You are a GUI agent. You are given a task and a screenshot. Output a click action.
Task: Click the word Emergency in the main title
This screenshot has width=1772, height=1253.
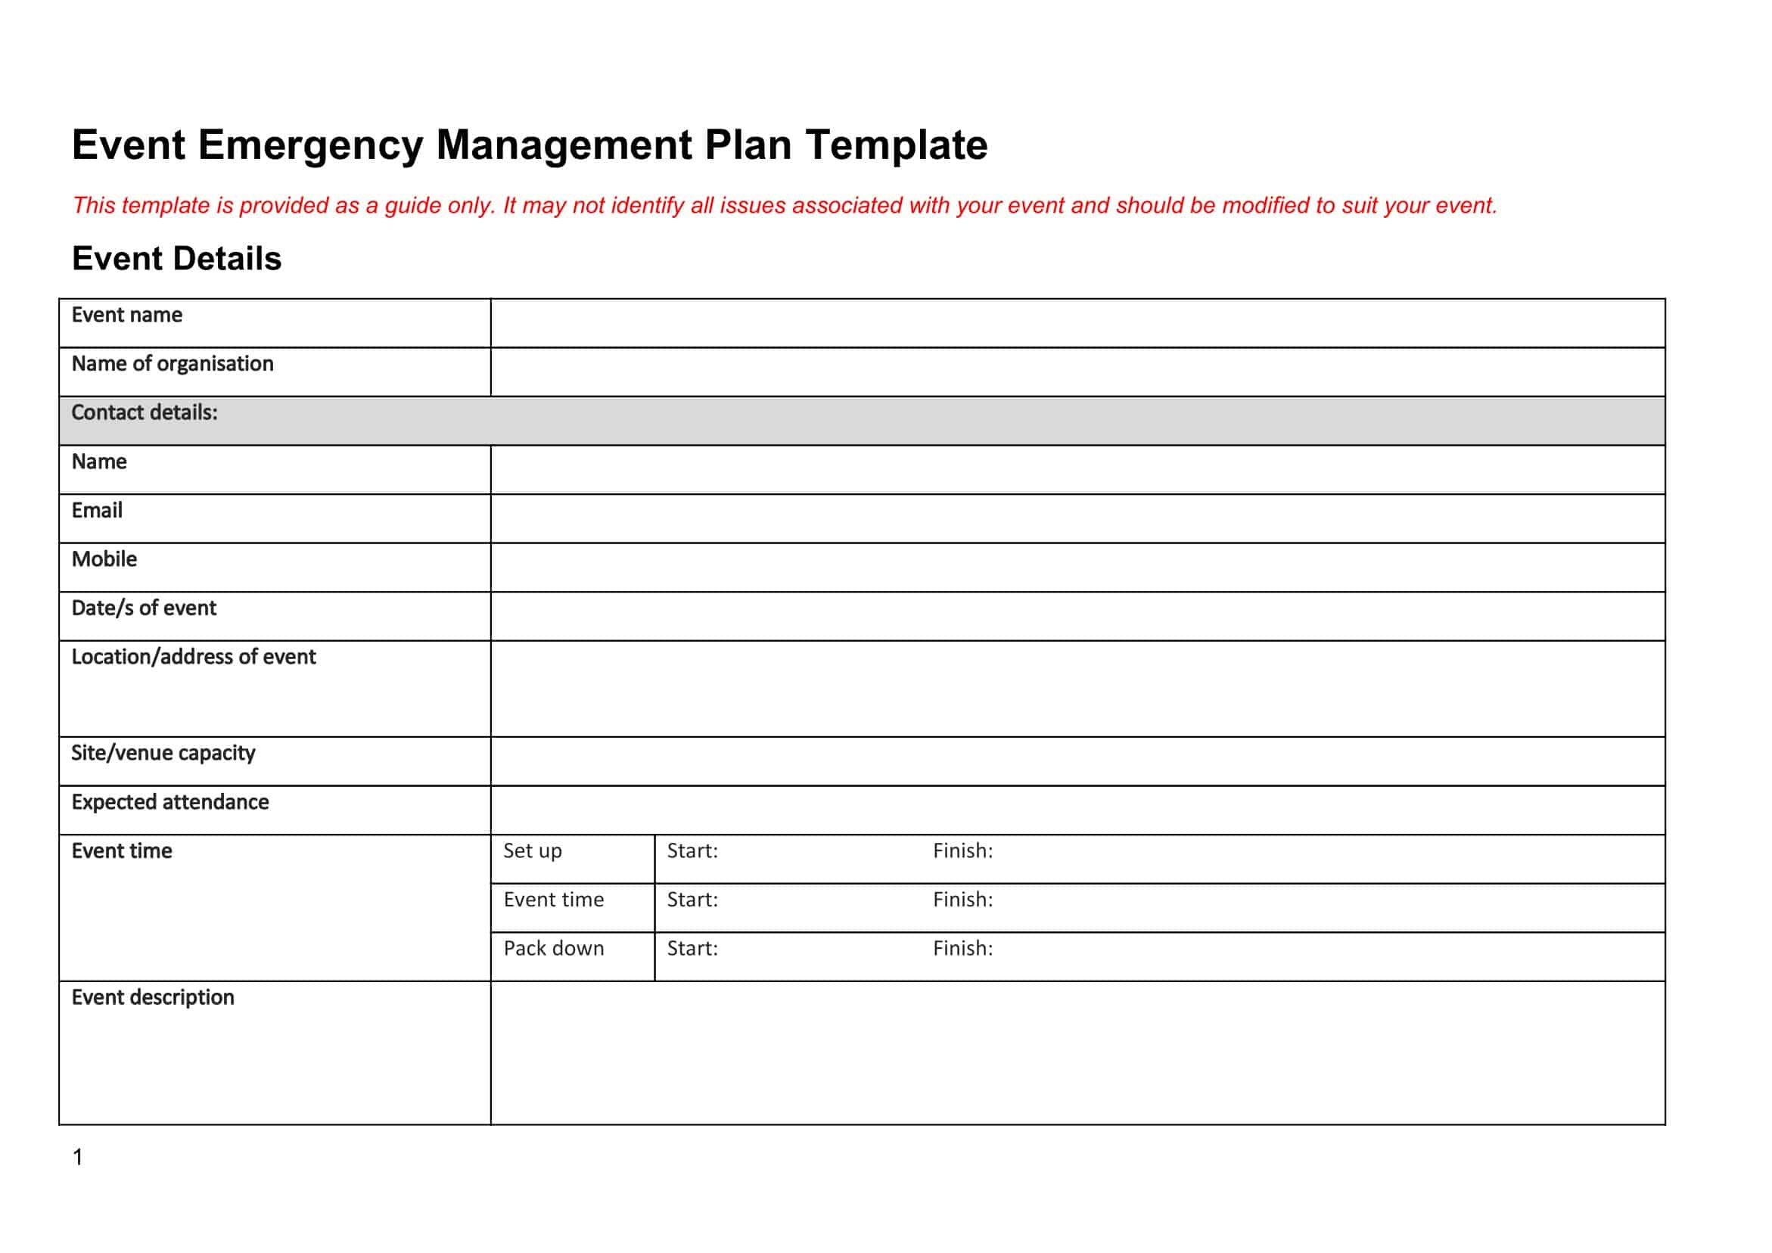tap(310, 146)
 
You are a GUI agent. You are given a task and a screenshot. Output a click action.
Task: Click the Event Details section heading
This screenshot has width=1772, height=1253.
tap(177, 259)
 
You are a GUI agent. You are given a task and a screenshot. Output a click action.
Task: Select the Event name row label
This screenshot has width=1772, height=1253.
tap(127, 315)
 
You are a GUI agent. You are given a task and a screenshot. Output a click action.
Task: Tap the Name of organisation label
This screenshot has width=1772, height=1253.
tap(172, 364)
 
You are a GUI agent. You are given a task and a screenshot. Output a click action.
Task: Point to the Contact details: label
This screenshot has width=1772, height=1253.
tap(145, 413)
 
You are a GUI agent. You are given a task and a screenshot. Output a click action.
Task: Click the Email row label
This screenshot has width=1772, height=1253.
tap(98, 510)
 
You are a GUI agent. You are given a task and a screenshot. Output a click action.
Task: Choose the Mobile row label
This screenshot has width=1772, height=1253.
tap(104, 559)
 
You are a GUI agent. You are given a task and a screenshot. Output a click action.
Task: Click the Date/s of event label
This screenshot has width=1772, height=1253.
tap(144, 608)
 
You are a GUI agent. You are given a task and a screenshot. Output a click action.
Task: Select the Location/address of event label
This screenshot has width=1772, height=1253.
tap(194, 657)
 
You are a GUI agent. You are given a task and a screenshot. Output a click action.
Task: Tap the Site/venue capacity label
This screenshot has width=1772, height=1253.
tap(163, 754)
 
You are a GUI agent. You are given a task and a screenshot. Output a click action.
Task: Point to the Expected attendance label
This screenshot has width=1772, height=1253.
tap(169, 802)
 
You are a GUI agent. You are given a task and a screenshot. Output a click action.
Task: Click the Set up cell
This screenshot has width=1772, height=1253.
tap(533, 850)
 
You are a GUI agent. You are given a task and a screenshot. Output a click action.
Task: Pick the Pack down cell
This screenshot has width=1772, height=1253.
tap(553, 949)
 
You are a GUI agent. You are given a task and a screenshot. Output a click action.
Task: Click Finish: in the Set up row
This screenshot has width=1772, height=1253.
tap(962, 850)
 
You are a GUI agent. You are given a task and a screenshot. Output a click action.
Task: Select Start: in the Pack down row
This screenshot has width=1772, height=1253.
tap(692, 949)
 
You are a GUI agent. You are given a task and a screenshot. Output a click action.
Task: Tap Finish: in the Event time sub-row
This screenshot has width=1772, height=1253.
tap(962, 900)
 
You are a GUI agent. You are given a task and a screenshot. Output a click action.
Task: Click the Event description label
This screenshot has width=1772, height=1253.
tap(153, 997)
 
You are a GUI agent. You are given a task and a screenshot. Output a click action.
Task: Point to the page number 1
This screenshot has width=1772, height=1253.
tap(77, 1156)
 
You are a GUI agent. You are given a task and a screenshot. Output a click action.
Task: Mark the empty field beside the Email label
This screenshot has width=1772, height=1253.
tap(1077, 518)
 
